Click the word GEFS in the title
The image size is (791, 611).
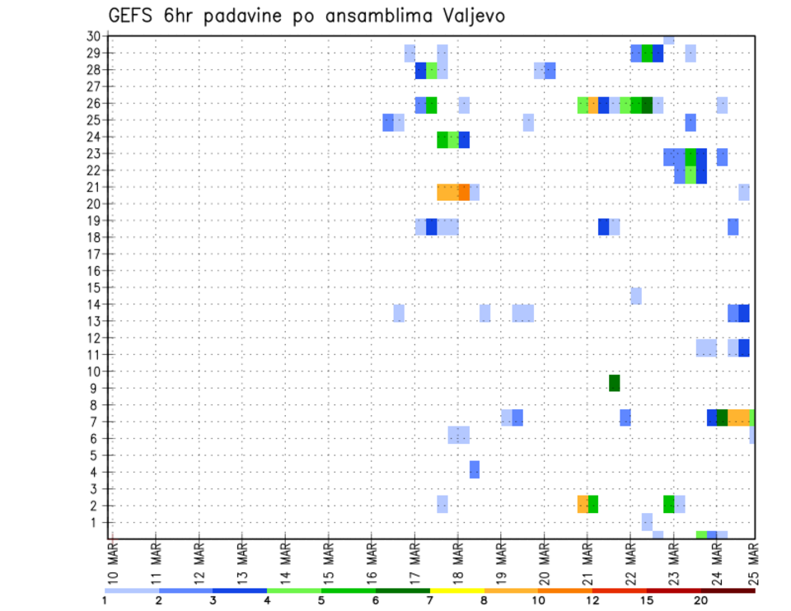coord(132,16)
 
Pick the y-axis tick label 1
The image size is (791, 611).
coord(96,522)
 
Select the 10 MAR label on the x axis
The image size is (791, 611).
coord(113,564)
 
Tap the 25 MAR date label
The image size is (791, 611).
coord(755,564)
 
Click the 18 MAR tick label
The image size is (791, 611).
coord(456,564)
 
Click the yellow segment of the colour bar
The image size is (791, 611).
coord(456,590)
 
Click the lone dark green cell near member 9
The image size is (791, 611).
coord(614,383)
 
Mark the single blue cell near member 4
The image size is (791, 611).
coord(475,469)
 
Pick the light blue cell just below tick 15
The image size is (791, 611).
coord(636,296)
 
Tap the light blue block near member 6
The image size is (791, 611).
coord(459,435)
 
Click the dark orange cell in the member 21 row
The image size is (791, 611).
coord(464,192)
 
